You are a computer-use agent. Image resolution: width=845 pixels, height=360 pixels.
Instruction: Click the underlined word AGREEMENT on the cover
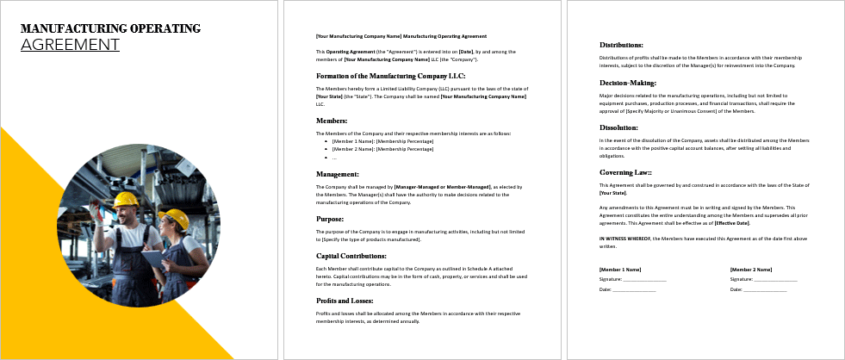coord(70,44)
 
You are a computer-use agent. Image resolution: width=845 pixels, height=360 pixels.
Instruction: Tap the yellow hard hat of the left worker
coord(127,201)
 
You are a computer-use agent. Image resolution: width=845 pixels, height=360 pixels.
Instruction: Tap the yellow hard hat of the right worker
coord(177,218)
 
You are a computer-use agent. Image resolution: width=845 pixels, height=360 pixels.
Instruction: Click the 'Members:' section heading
coord(332,121)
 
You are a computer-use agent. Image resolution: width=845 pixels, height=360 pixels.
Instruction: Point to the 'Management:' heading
coord(337,174)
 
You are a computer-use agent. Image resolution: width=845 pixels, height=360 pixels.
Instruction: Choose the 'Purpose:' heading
coord(331,219)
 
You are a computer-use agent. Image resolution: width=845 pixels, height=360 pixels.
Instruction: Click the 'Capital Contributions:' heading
coord(351,256)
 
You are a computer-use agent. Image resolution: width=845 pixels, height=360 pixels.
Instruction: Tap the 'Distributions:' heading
coord(621,45)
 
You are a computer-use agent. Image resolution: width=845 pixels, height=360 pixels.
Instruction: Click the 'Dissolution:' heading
coord(618,127)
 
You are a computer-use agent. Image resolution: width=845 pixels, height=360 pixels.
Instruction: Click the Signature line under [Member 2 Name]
coord(763,279)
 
